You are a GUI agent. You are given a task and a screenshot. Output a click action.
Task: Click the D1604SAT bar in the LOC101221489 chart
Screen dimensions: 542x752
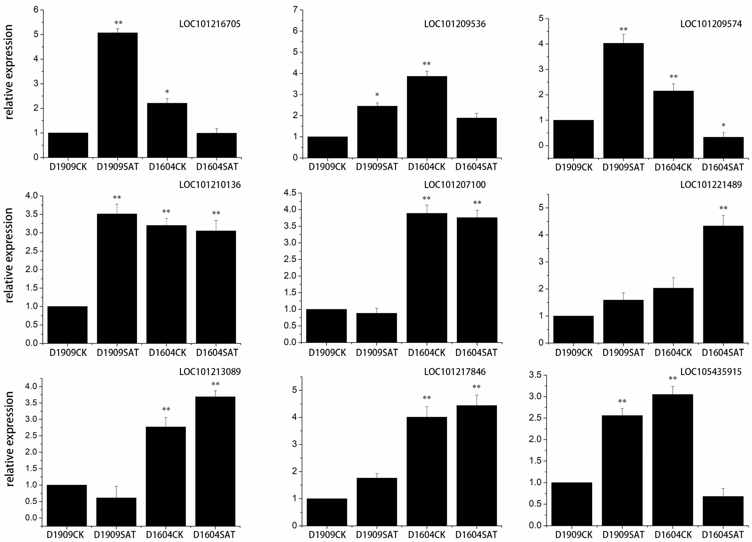[x=723, y=284]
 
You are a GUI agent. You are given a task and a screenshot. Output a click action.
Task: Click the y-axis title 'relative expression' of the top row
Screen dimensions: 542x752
[x=9, y=72]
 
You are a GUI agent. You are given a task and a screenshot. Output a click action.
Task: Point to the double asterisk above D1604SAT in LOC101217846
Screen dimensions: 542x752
[x=476, y=387]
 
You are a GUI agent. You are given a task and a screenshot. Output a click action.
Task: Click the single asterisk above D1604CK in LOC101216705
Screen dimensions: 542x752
[x=167, y=92]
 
